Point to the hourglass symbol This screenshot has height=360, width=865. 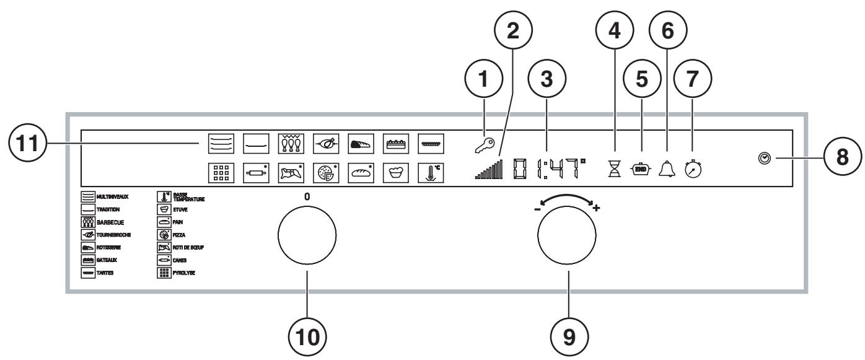[615, 167]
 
